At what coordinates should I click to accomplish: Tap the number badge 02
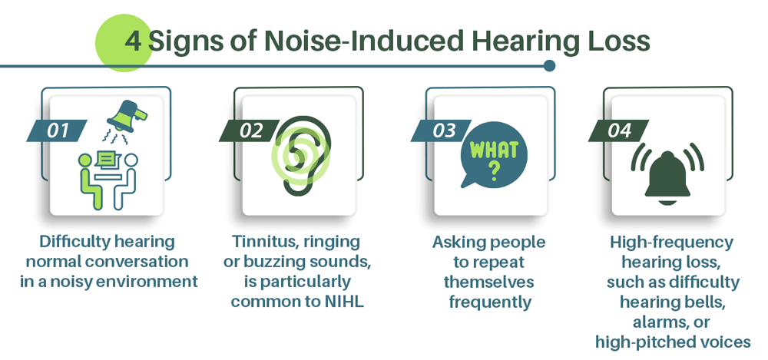click(248, 130)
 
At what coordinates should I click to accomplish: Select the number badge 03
click(440, 130)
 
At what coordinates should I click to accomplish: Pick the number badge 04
click(618, 130)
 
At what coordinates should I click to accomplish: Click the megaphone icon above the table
click(126, 117)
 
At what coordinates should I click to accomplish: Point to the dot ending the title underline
click(549, 66)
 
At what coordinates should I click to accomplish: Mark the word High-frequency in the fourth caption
click(672, 243)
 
